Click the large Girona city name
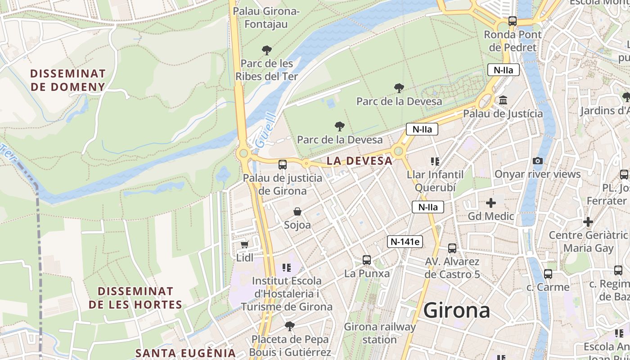(x=457, y=310)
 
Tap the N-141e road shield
(x=405, y=242)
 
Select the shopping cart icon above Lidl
(x=244, y=244)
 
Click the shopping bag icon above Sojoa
(x=297, y=211)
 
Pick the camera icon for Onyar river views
(x=537, y=161)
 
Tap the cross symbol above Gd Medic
(x=491, y=203)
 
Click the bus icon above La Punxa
(x=367, y=260)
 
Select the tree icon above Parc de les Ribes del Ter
(x=267, y=50)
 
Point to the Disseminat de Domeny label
(x=68, y=80)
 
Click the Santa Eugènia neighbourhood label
(x=186, y=353)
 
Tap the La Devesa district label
(x=360, y=161)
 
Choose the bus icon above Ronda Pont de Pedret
(x=512, y=21)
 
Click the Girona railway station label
(x=380, y=333)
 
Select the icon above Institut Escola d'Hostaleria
(x=287, y=268)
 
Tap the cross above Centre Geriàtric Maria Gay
(x=588, y=222)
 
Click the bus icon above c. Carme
(x=548, y=274)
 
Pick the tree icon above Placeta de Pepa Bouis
(x=290, y=325)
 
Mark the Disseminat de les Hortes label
(x=135, y=298)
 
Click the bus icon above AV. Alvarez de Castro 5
(x=452, y=248)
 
